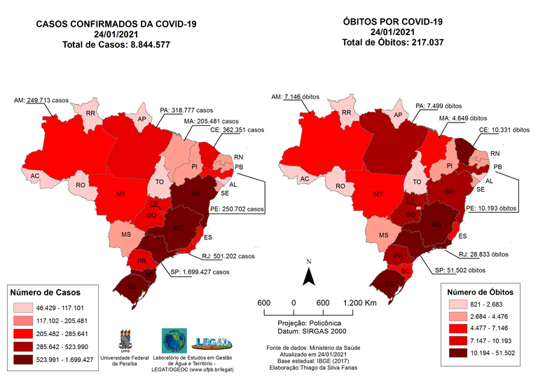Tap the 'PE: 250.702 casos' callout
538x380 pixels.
(237, 209)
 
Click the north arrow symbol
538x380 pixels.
(307, 277)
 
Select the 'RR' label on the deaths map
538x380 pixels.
(346, 113)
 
